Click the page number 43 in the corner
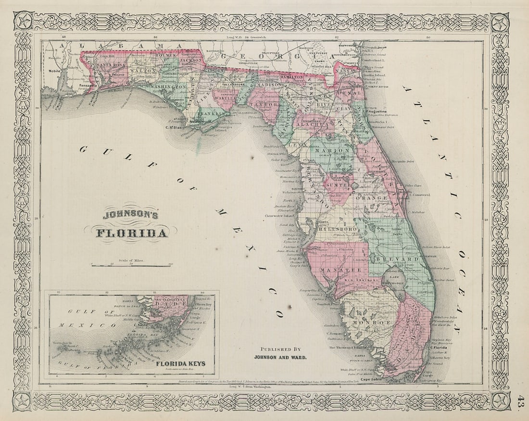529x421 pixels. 522,400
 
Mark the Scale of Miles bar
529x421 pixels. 132,265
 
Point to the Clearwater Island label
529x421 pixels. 279,216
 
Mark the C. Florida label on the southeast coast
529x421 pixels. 438,347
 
